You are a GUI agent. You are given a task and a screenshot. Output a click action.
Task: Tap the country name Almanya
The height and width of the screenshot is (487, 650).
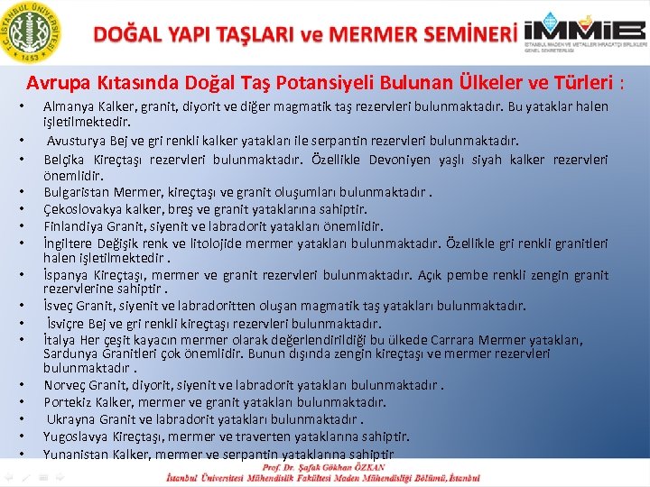pos(68,106)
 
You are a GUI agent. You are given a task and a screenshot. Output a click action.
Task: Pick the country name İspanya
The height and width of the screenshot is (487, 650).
pos(64,274)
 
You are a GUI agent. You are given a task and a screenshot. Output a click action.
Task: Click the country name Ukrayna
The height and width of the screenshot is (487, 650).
pos(71,419)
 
